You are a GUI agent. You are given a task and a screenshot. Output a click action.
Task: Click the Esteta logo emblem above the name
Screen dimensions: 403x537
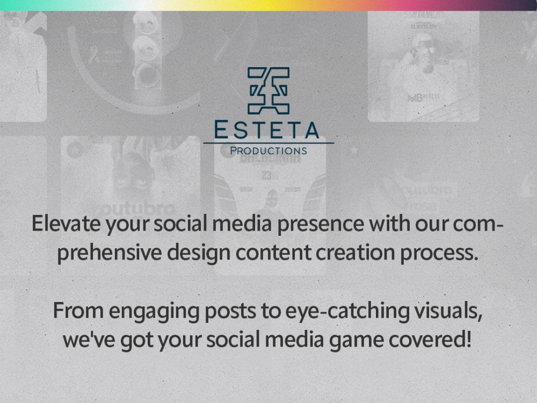click(268, 90)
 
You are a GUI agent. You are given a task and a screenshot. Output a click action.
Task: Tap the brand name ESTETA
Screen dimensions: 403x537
click(267, 130)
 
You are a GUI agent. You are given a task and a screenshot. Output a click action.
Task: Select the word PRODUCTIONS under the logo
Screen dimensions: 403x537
click(268, 151)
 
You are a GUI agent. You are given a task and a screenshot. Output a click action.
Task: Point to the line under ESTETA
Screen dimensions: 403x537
click(268, 143)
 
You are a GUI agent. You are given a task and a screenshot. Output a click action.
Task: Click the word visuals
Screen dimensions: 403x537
click(449, 311)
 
